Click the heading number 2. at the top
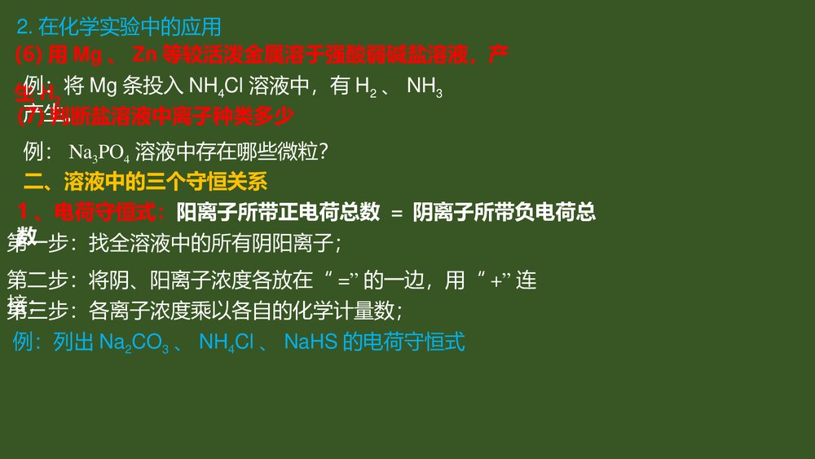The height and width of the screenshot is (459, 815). [x=24, y=27]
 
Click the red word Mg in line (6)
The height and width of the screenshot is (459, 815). [x=86, y=56]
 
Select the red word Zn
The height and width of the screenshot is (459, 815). [x=143, y=56]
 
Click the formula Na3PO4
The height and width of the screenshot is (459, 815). [x=99, y=152]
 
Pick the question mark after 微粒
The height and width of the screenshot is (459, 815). [x=323, y=152]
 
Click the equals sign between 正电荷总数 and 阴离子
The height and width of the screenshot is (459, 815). [x=397, y=214]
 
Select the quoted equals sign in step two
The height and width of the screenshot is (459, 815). [x=343, y=282]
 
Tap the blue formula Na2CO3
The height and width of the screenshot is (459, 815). [x=134, y=342]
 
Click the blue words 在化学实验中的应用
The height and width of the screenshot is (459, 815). [x=130, y=27]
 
